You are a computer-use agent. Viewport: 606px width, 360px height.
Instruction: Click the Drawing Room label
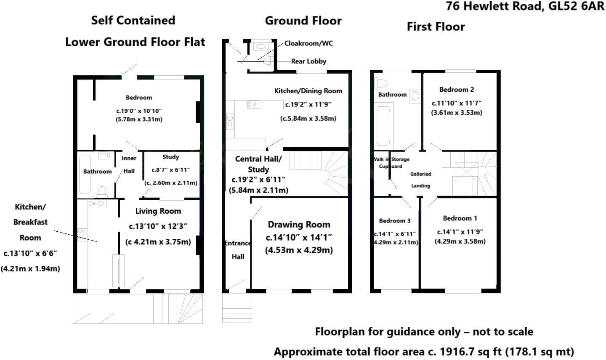coord(299,225)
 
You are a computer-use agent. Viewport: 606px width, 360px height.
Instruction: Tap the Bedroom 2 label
coord(457,90)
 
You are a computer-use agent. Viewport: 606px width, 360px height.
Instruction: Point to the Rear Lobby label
coord(308,61)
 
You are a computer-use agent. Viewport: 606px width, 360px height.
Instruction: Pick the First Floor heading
coord(436,27)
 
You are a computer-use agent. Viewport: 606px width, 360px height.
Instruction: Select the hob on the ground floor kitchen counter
coord(252,104)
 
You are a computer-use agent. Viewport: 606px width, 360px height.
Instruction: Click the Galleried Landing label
coord(420,180)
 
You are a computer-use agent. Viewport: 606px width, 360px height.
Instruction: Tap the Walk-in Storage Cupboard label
coord(391,163)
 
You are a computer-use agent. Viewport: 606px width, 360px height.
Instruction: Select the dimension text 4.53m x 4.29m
coord(299,250)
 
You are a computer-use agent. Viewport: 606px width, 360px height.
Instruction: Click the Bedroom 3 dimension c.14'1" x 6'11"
coord(395,234)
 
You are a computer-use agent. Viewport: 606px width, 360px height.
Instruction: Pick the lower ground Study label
coord(170,157)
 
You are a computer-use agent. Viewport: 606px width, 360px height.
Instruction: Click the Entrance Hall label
coord(237,250)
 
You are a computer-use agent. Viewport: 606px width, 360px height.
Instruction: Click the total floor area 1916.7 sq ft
coord(424,351)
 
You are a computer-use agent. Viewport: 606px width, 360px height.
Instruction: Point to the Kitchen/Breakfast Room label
coord(30,222)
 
